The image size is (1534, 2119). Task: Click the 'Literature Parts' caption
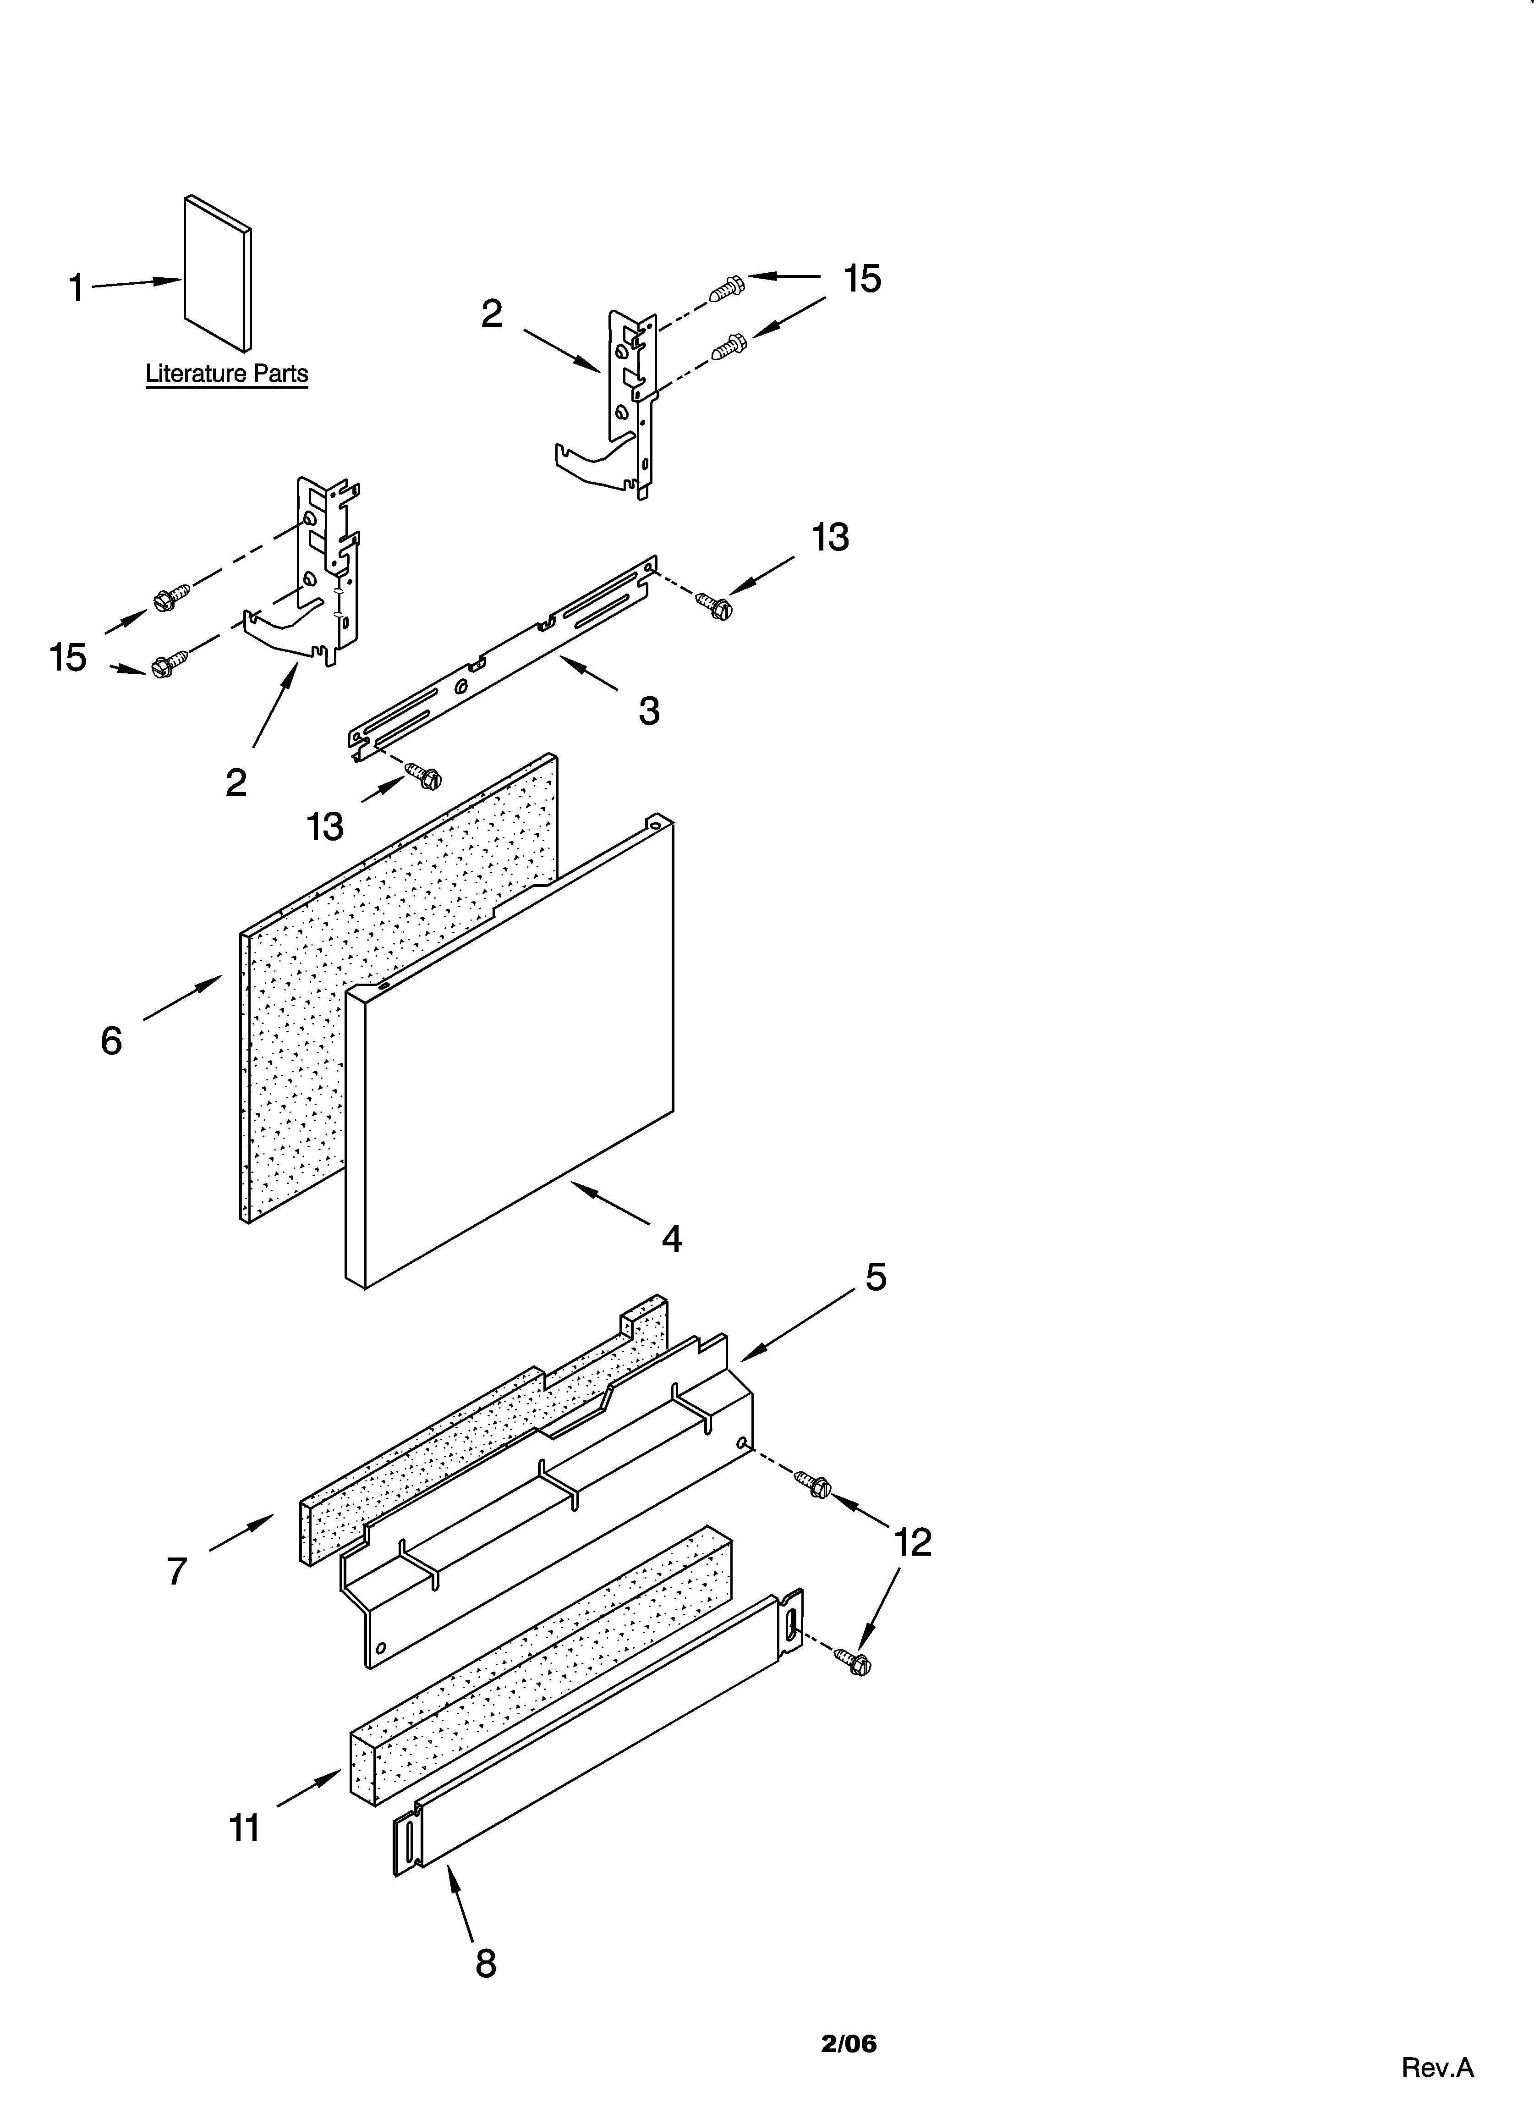226,374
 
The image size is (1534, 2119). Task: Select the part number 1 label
77,288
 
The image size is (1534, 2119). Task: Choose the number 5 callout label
876,1277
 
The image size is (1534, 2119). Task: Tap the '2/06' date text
848,2037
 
